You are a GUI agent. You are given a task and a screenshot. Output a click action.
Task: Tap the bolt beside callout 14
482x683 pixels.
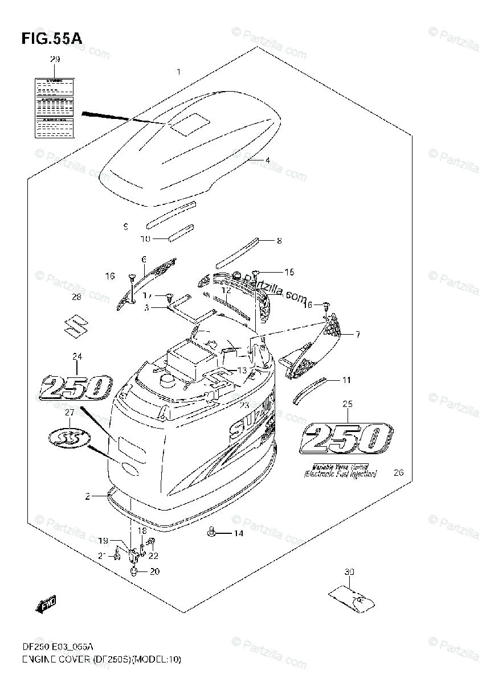[211, 532]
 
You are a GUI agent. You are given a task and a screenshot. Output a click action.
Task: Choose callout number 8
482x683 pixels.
[279, 240]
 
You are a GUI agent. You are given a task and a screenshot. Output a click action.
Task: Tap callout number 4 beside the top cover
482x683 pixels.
[267, 161]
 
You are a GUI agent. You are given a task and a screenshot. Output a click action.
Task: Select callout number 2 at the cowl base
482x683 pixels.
[88, 496]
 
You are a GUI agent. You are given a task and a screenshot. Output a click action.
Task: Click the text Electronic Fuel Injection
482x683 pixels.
[340, 474]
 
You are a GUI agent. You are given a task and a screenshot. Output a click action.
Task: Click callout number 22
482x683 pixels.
[153, 556]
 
